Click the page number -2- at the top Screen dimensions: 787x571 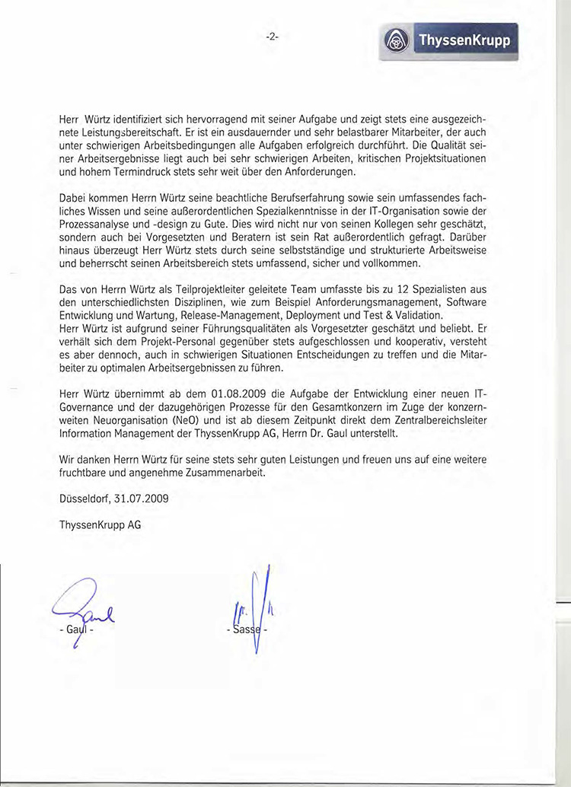[272, 36]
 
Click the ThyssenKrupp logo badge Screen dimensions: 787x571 [447, 40]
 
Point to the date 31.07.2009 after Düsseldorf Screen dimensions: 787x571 [142, 500]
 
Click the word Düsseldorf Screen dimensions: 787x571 [85, 500]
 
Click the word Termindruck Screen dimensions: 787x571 [129, 171]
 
